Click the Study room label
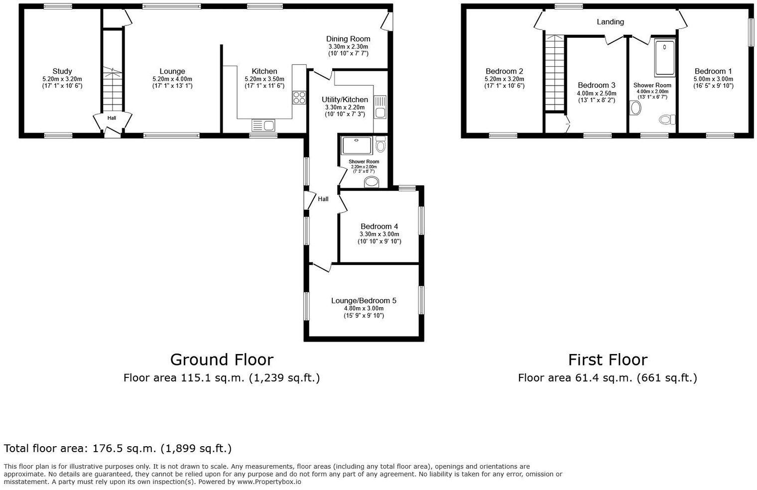(62, 71)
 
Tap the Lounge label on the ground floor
(172, 71)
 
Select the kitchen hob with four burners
(299, 98)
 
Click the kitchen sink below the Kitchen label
(263, 125)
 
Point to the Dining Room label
(348, 39)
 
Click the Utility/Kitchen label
(345, 100)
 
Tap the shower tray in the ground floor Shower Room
(357, 145)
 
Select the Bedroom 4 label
(379, 227)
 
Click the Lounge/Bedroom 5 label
(364, 301)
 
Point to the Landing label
(610, 22)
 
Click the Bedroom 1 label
(713, 71)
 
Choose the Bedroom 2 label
(504, 71)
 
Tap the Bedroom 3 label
(596, 85)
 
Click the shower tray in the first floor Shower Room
(665, 58)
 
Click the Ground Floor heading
(222, 360)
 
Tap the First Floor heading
(608, 360)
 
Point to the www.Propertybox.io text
(269, 482)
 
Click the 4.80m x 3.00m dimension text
(364, 308)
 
